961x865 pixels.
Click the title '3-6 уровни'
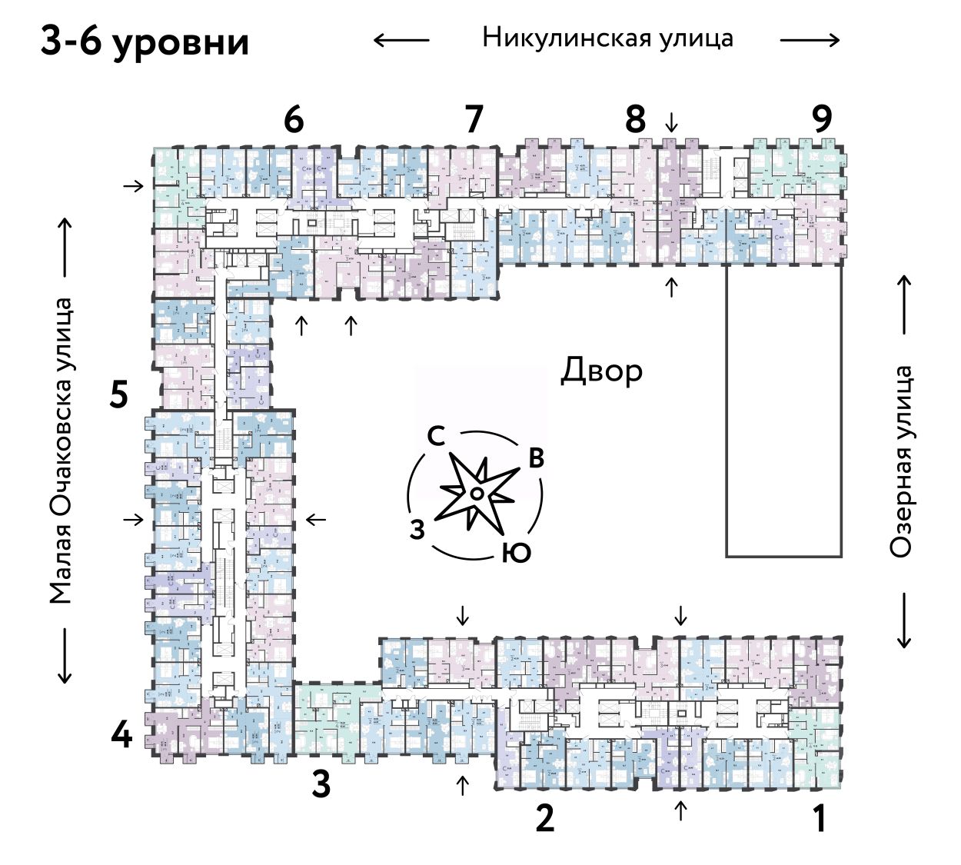coord(145,42)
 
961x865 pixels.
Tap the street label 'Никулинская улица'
coord(607,38)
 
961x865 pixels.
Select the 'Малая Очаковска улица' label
coord(61,451)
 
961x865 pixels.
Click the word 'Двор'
coord(601,371)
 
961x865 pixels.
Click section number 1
coord(820,818)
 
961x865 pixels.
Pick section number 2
coord(544,818)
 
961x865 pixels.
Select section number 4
coord(121,737)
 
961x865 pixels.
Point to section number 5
coord(118,395)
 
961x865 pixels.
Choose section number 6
coord(294,120)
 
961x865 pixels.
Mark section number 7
coord(474,120)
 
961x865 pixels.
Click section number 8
coord(635,120)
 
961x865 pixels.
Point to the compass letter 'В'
coord(536,458)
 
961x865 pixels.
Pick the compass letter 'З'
coord(417,530)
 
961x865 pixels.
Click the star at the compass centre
coord(477,493)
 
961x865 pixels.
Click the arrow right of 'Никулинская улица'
coord(810,40)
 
